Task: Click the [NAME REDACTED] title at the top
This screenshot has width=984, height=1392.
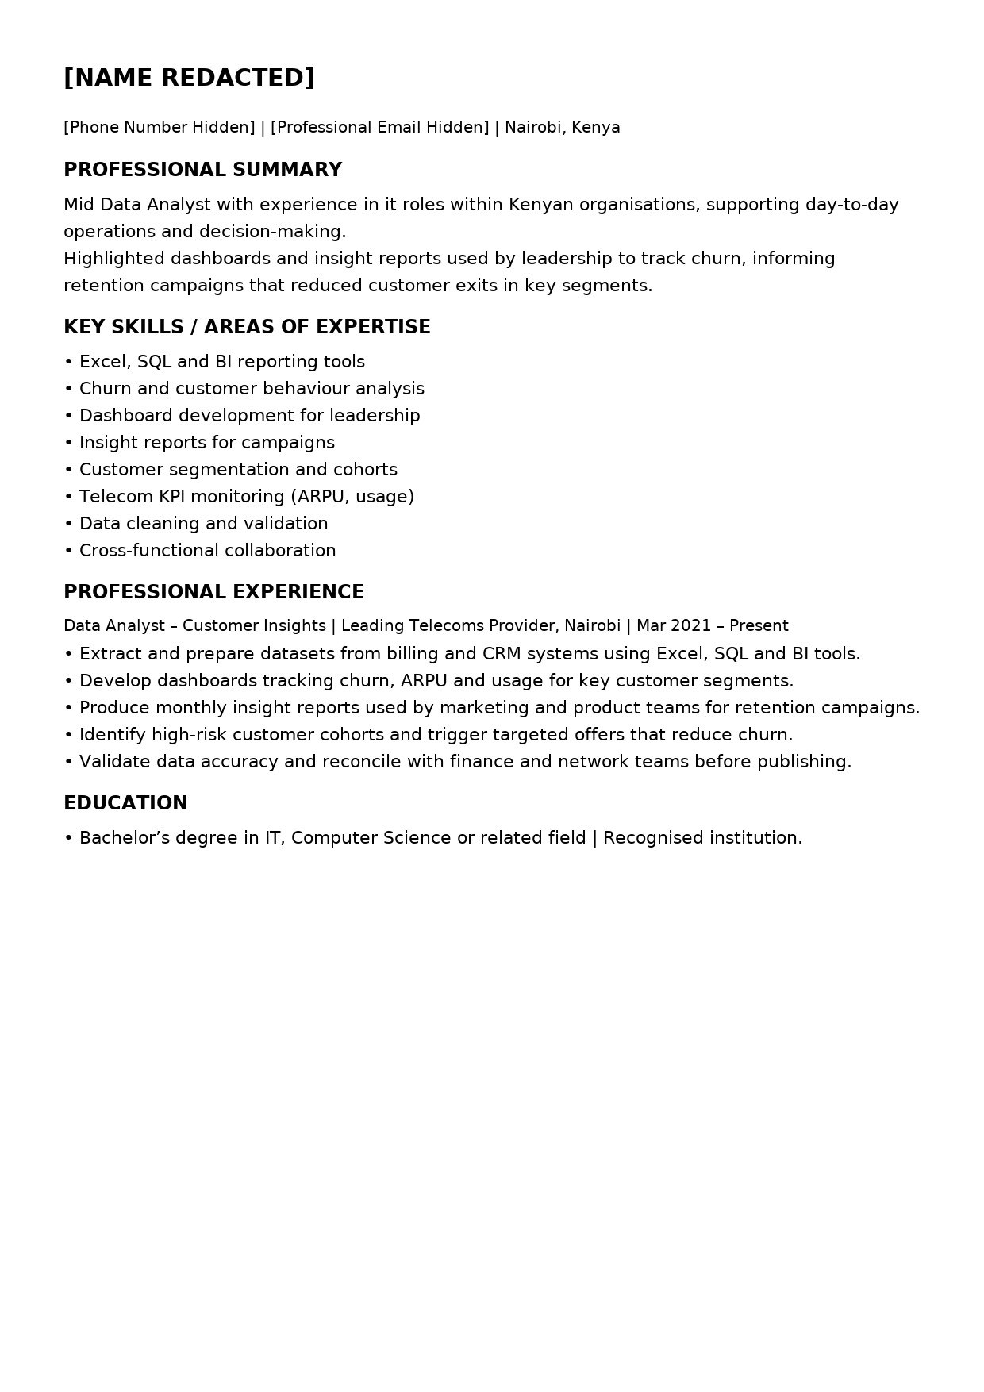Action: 189,78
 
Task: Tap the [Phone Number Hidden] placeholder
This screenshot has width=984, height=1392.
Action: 159,128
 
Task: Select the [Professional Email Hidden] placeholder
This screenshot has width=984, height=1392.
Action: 379,128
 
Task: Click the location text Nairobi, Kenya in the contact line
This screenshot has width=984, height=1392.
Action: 562,128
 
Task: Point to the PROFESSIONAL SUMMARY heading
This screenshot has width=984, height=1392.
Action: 202,170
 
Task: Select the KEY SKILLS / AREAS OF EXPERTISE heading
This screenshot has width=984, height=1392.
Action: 247,327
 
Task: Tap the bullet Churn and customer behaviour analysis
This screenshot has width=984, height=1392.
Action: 252,389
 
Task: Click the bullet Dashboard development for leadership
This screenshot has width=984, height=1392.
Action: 249,416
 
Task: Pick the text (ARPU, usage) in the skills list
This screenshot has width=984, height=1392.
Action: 352,497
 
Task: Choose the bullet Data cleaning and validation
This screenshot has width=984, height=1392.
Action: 203,524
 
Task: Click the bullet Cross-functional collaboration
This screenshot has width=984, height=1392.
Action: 207,551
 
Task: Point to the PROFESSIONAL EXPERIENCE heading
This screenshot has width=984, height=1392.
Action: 213,592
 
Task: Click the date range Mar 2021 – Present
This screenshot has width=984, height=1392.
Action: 712,626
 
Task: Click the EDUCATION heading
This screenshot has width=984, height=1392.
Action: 125,803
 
